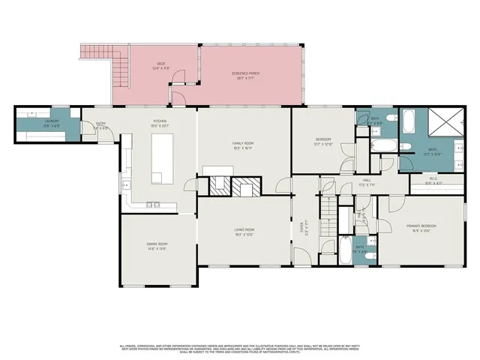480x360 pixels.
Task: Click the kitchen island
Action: click(163, 159)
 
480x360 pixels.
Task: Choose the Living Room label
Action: click(244, 232)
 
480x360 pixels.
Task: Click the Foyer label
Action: click(303, 225)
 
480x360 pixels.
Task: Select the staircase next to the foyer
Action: click(327, 202)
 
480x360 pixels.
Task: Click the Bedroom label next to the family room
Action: click(323, 141)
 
